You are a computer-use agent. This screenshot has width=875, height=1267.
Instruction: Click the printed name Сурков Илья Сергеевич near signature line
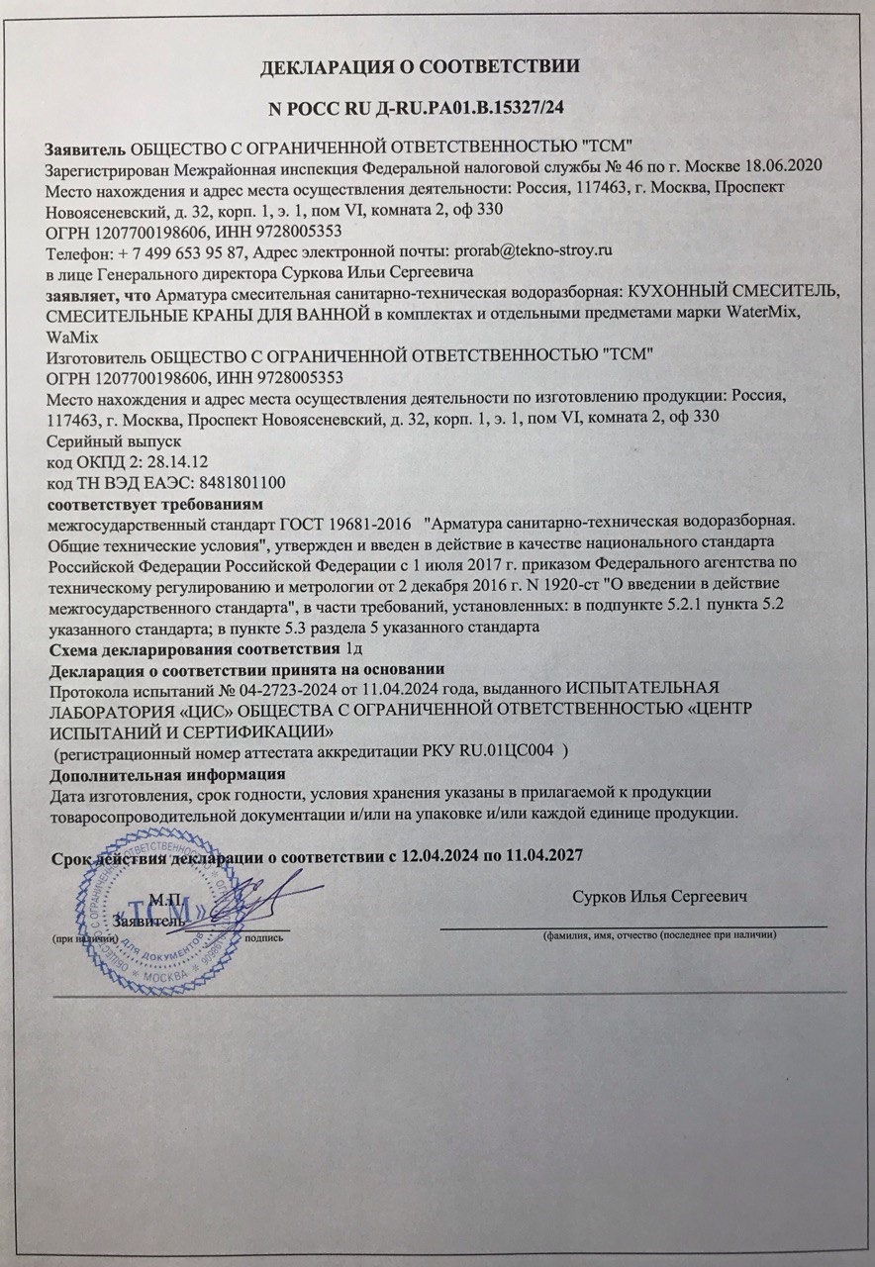(658, 896)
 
